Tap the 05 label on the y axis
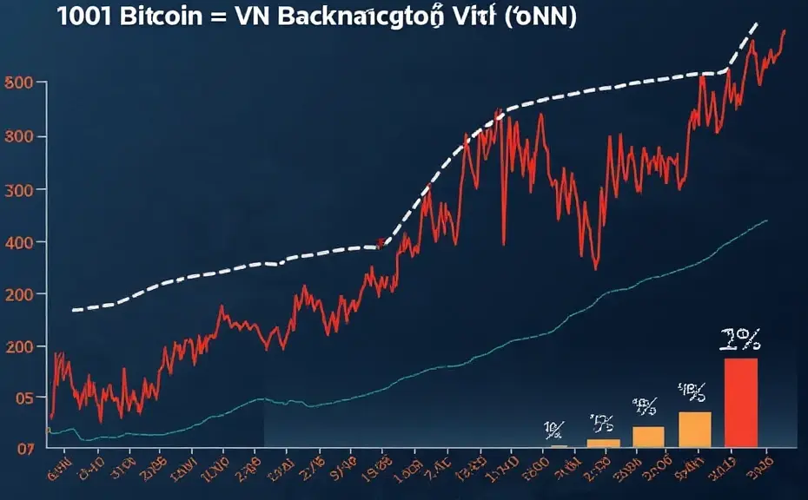click(19, 398)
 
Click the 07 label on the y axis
click(19, 448)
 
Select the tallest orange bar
click(695, 429)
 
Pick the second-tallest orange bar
click(648, 436)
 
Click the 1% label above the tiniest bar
click(553, 428)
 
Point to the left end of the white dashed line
click(73, 309)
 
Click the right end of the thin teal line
click(766, 220)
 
